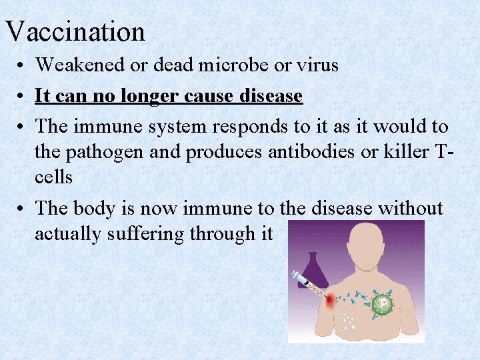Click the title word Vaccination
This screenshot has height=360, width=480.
click(x=75, y=31)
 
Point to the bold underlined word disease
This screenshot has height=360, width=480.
click(x=269, y=97)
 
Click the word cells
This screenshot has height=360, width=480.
click(x=53, y=178)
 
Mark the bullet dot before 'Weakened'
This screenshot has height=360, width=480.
click(x=23, y=66)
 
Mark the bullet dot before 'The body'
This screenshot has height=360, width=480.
click(x=23, y=209)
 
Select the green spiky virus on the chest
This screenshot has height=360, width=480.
click(x=382, y=305)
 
